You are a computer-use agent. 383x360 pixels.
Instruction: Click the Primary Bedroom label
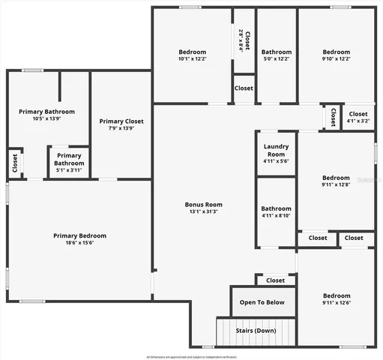pos(79,235)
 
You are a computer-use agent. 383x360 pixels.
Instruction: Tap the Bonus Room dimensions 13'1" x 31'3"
pos(204,212)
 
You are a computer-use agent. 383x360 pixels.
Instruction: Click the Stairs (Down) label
pos(254,331)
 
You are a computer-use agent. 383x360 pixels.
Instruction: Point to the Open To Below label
pos(263,302)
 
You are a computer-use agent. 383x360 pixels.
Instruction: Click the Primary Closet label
pos(121,121)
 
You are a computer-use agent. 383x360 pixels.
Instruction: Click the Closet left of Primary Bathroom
pos(15,163)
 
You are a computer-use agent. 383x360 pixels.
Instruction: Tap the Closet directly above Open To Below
pos(275,280)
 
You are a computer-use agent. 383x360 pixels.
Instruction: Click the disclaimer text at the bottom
pos(191,356)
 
